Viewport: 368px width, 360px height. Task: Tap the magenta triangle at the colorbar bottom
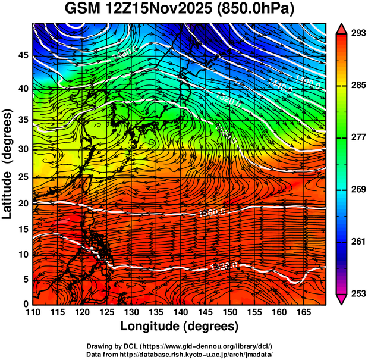coord(341,300)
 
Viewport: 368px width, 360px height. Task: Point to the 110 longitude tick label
coord(33,312)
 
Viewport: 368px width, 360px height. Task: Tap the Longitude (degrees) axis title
coord(180,326)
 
